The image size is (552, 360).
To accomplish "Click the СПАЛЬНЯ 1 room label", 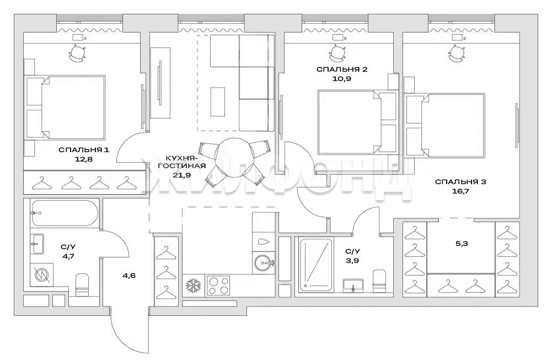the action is point(84,150).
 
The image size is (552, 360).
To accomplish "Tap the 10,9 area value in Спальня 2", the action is point(342,79).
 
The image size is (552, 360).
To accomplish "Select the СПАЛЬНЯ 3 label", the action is point(460,182).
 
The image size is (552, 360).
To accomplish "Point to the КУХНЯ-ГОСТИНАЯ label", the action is point(181,162).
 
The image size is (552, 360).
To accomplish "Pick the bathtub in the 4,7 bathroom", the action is point(64,213).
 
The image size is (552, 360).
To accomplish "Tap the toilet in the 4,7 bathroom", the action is point(82,284).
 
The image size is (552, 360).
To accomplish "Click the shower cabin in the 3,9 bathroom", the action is point(315,265).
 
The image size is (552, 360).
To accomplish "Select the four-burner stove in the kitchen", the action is point(218,285).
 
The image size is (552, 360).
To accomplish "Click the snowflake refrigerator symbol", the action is point(193,285).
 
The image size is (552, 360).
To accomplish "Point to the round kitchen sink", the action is point(264,262).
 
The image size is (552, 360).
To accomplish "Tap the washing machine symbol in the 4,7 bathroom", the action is point(41,274).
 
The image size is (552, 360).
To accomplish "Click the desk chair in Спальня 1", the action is point(77,53).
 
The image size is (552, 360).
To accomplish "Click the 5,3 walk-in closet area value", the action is point(462,244).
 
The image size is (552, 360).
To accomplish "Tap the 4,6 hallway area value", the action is point(129,276).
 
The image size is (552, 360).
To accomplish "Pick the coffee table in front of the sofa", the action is point(218,101).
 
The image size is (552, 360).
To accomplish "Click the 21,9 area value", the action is point(181,175).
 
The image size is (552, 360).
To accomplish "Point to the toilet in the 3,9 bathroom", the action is point(379,281).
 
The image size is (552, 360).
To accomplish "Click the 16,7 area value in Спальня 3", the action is point(460,191).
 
